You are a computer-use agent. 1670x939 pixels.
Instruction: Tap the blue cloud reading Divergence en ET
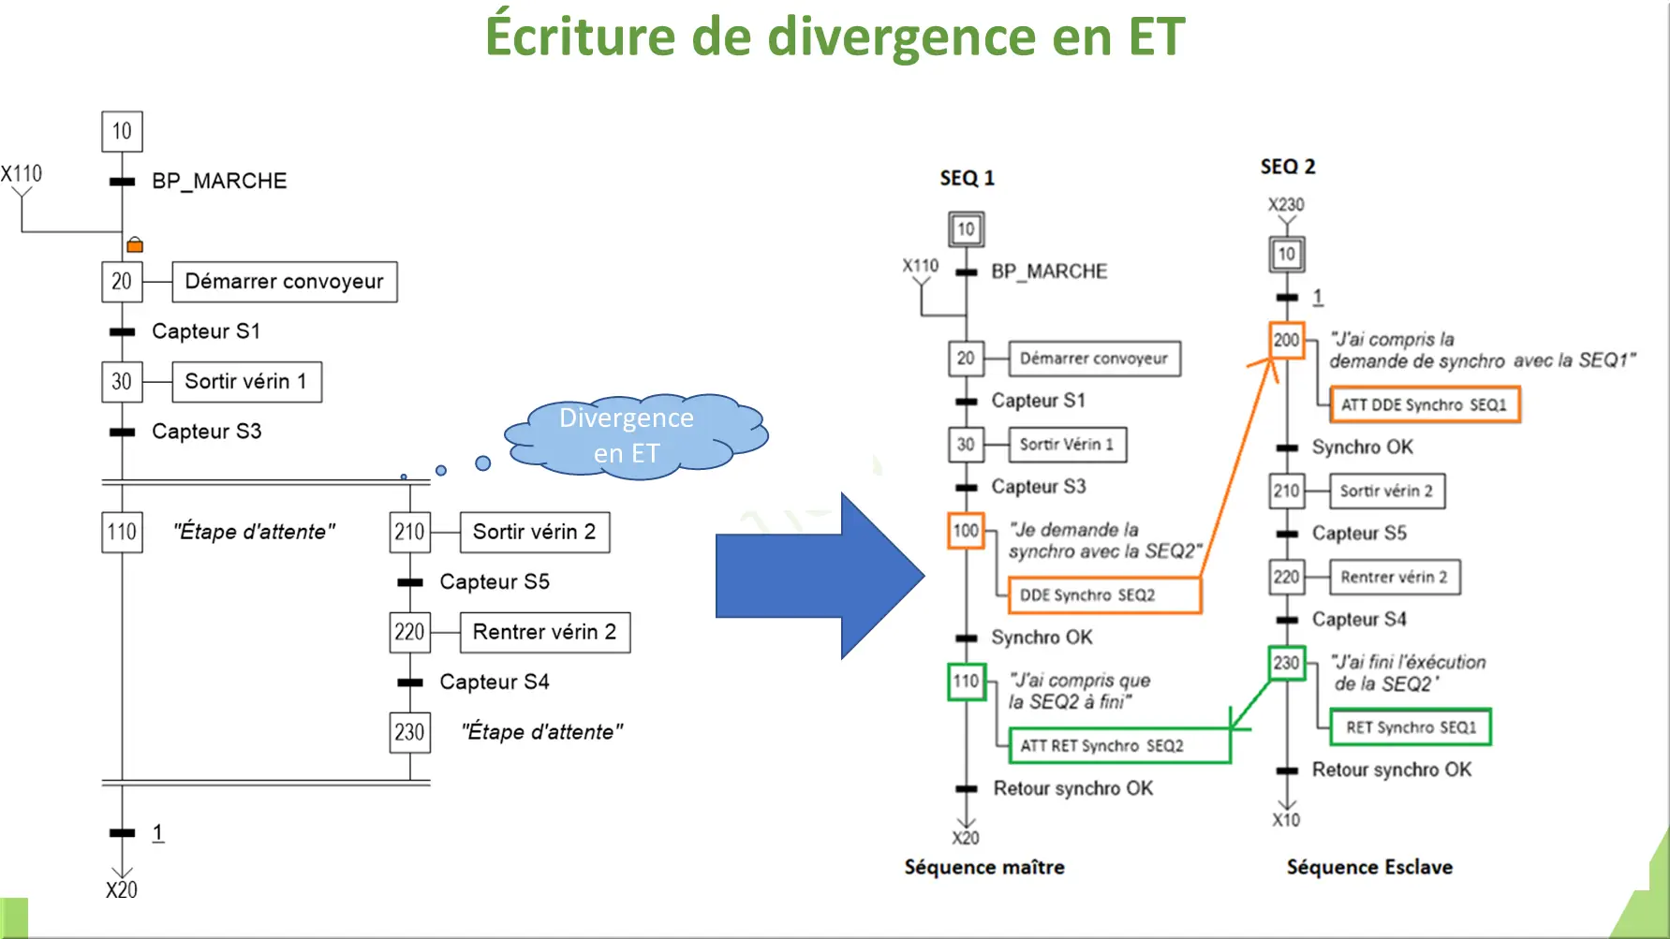[x=628, y=435]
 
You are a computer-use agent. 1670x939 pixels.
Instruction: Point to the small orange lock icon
[x=135, y=245]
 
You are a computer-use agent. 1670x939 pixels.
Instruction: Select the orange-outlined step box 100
[x=966, y=531]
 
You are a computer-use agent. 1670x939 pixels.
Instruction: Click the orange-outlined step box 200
[x=1286, y=340]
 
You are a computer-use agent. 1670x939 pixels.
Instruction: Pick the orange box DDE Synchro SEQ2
[x=1103, y=595]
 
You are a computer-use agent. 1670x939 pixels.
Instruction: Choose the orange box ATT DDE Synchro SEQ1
[x=1424, y=404]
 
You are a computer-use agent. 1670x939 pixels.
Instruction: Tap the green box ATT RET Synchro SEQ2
[x=1118, y=746]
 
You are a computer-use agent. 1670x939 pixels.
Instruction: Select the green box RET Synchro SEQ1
[x=1411, y=727]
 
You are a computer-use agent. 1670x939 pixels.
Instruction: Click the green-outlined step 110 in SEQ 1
[x=966, y=681]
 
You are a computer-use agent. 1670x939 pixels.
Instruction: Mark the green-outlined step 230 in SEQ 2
[x=1286, y=663]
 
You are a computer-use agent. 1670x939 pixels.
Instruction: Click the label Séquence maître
[x=984, y=867]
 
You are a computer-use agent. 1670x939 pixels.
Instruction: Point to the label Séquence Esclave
[x=1369, y=867]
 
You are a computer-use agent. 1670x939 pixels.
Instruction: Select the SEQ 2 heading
[x=1287, y=167]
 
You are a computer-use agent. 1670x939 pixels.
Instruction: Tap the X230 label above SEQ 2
[x=1286, y=204]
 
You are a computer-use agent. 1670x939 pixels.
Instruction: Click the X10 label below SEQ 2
[x=1286, y=820]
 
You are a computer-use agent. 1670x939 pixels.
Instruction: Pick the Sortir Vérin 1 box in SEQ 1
[x=1067, y=445]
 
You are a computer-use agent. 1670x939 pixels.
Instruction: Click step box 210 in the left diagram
[x=409, y=532]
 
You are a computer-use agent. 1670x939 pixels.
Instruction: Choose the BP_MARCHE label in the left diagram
[x=219, y=181]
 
